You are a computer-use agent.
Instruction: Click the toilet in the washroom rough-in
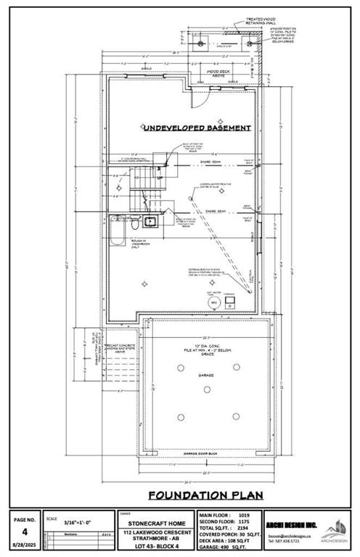click(136, 226)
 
